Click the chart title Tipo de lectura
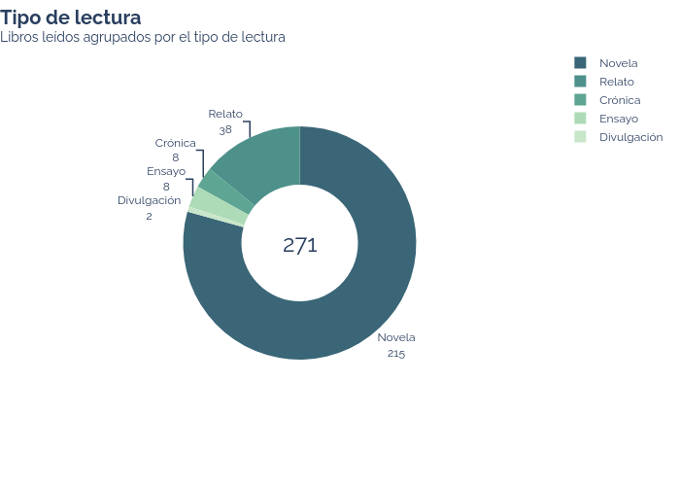click(x=71, y=18)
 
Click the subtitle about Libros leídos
click(x=143, y=37)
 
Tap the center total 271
click(x=299, y=245)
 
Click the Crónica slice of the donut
click(x=224, y=188)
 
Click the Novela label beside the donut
click(x=396, y=337)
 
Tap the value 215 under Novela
click(x=396, y=353)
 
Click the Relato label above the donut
click(x=225, y=114)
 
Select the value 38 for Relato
click(x=225, y=129)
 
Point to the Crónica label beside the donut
click(x=176, y=143)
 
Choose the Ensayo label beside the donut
click(x=166, y=171)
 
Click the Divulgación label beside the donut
click(x=150, y=200)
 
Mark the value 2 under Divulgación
click(x=150, y=216)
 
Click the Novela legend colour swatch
click(x=580, y=63)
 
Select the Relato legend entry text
click(x=617, y=82)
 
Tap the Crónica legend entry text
click(x=620, y=100)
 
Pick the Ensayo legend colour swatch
click(x=580, y=118)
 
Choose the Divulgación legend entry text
click(x=631, y=137)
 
